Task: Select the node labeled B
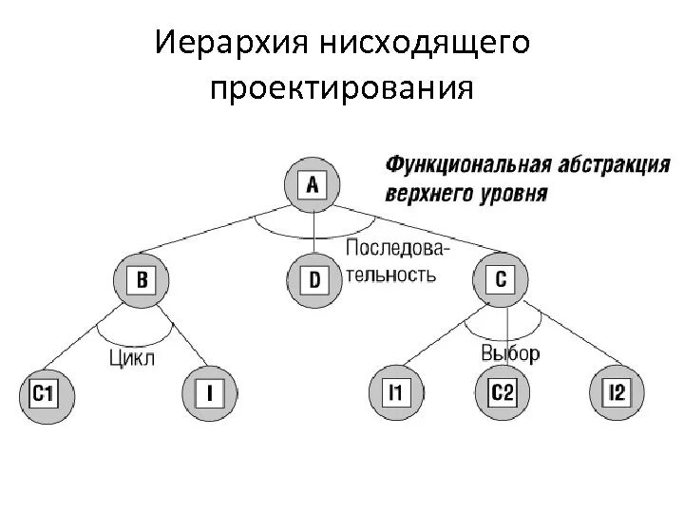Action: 142,280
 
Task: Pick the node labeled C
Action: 500,280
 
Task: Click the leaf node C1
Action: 43,392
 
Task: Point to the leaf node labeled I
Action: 209,392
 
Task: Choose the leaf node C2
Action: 502,392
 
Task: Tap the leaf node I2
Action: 617,392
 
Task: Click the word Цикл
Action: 132,357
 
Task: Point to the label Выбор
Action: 510,353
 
